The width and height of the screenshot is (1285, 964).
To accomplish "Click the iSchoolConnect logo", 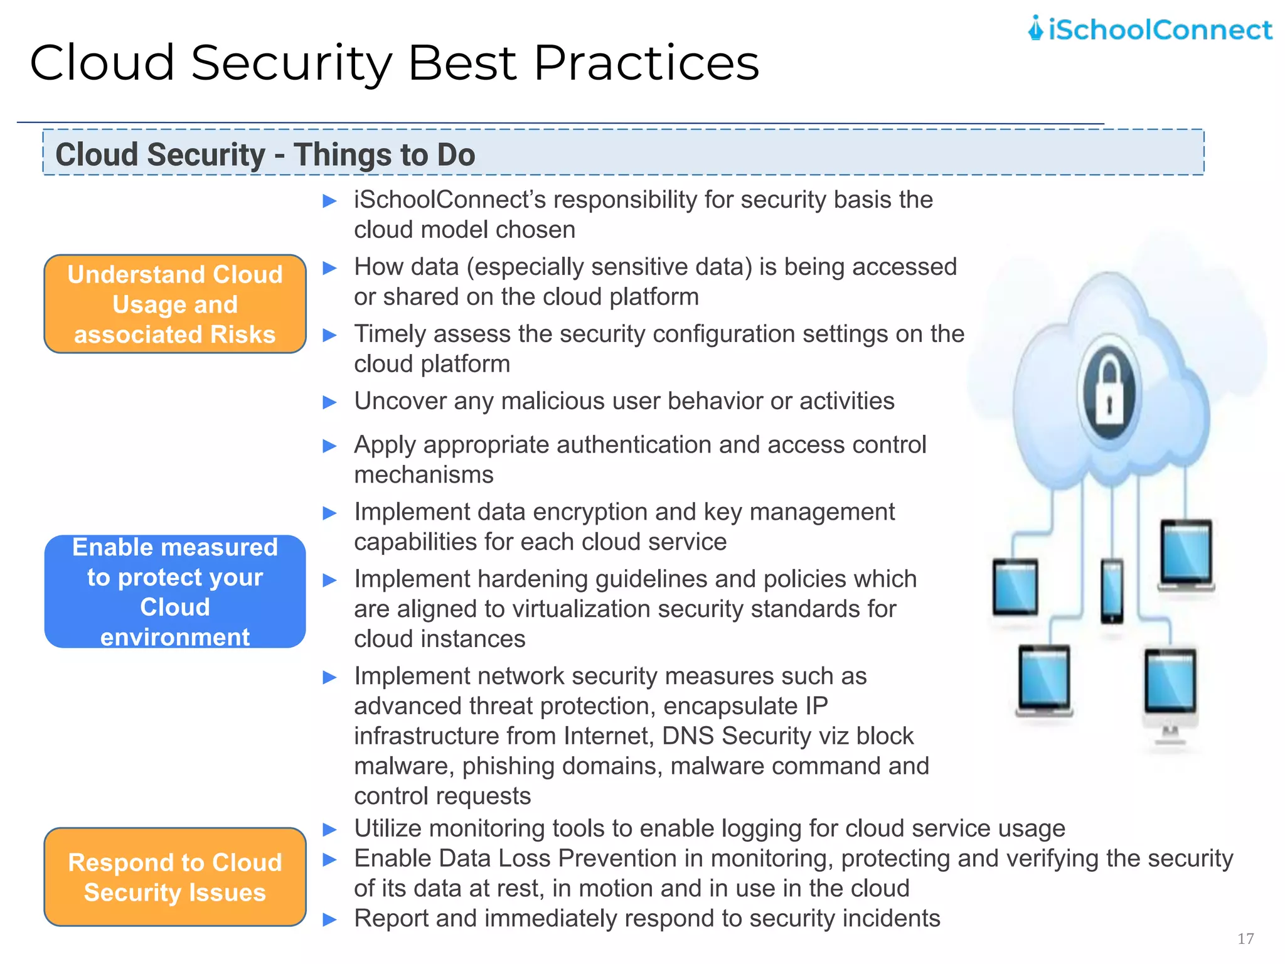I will pyautogui.click(x=1149, y=29).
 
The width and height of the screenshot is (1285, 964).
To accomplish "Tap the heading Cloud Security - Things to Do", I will pyautogui.click(x=265, y=154).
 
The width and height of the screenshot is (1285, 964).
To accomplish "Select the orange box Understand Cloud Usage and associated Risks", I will pyautogui.click(x=175, y=304).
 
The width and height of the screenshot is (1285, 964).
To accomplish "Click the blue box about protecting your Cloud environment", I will pyautogui.click(x=175, y=591).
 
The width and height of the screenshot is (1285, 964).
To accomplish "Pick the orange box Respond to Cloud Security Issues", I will pyautogui.click(x=175, y=877).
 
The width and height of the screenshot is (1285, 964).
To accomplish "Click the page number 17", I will pyautogui.click(x=1245, y=938).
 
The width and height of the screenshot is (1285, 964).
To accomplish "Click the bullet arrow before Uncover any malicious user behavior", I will pyautogui.click(x=329, y=402).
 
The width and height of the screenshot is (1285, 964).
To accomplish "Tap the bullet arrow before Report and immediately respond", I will pyautogui.click(x=329, y=920).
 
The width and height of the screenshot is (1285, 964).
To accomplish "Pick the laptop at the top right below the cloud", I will pyautogui.click(x=1185, y=554).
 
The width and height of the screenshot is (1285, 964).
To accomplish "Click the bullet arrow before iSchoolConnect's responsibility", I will pyautogui.click(x=329, y=201).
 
